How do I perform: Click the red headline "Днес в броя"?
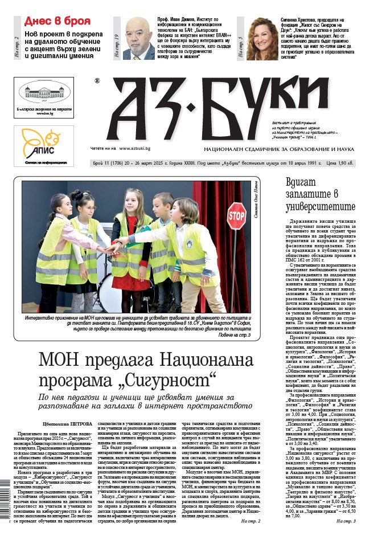coord(57,21)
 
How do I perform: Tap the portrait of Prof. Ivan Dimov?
coord(139,38)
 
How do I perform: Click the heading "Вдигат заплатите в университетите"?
coord(321,194)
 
